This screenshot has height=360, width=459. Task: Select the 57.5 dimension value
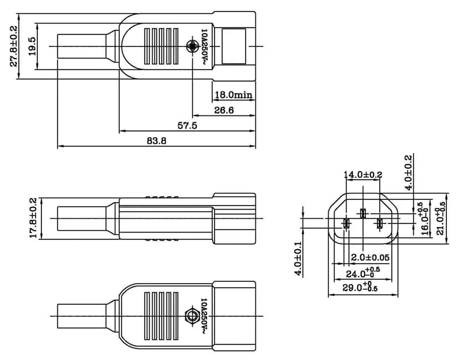187,125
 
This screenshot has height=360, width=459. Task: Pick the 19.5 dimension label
32,46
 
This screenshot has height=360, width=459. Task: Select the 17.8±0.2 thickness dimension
33,218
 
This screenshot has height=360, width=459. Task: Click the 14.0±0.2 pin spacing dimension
363,175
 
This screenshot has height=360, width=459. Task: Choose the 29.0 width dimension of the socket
361,287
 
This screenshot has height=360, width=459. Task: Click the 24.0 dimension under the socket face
362,273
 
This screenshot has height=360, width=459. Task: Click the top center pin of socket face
363,214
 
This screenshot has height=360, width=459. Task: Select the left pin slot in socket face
346,224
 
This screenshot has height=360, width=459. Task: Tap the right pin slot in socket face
379,224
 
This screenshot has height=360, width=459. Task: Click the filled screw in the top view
192,46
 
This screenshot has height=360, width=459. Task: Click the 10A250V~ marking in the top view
204,46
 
